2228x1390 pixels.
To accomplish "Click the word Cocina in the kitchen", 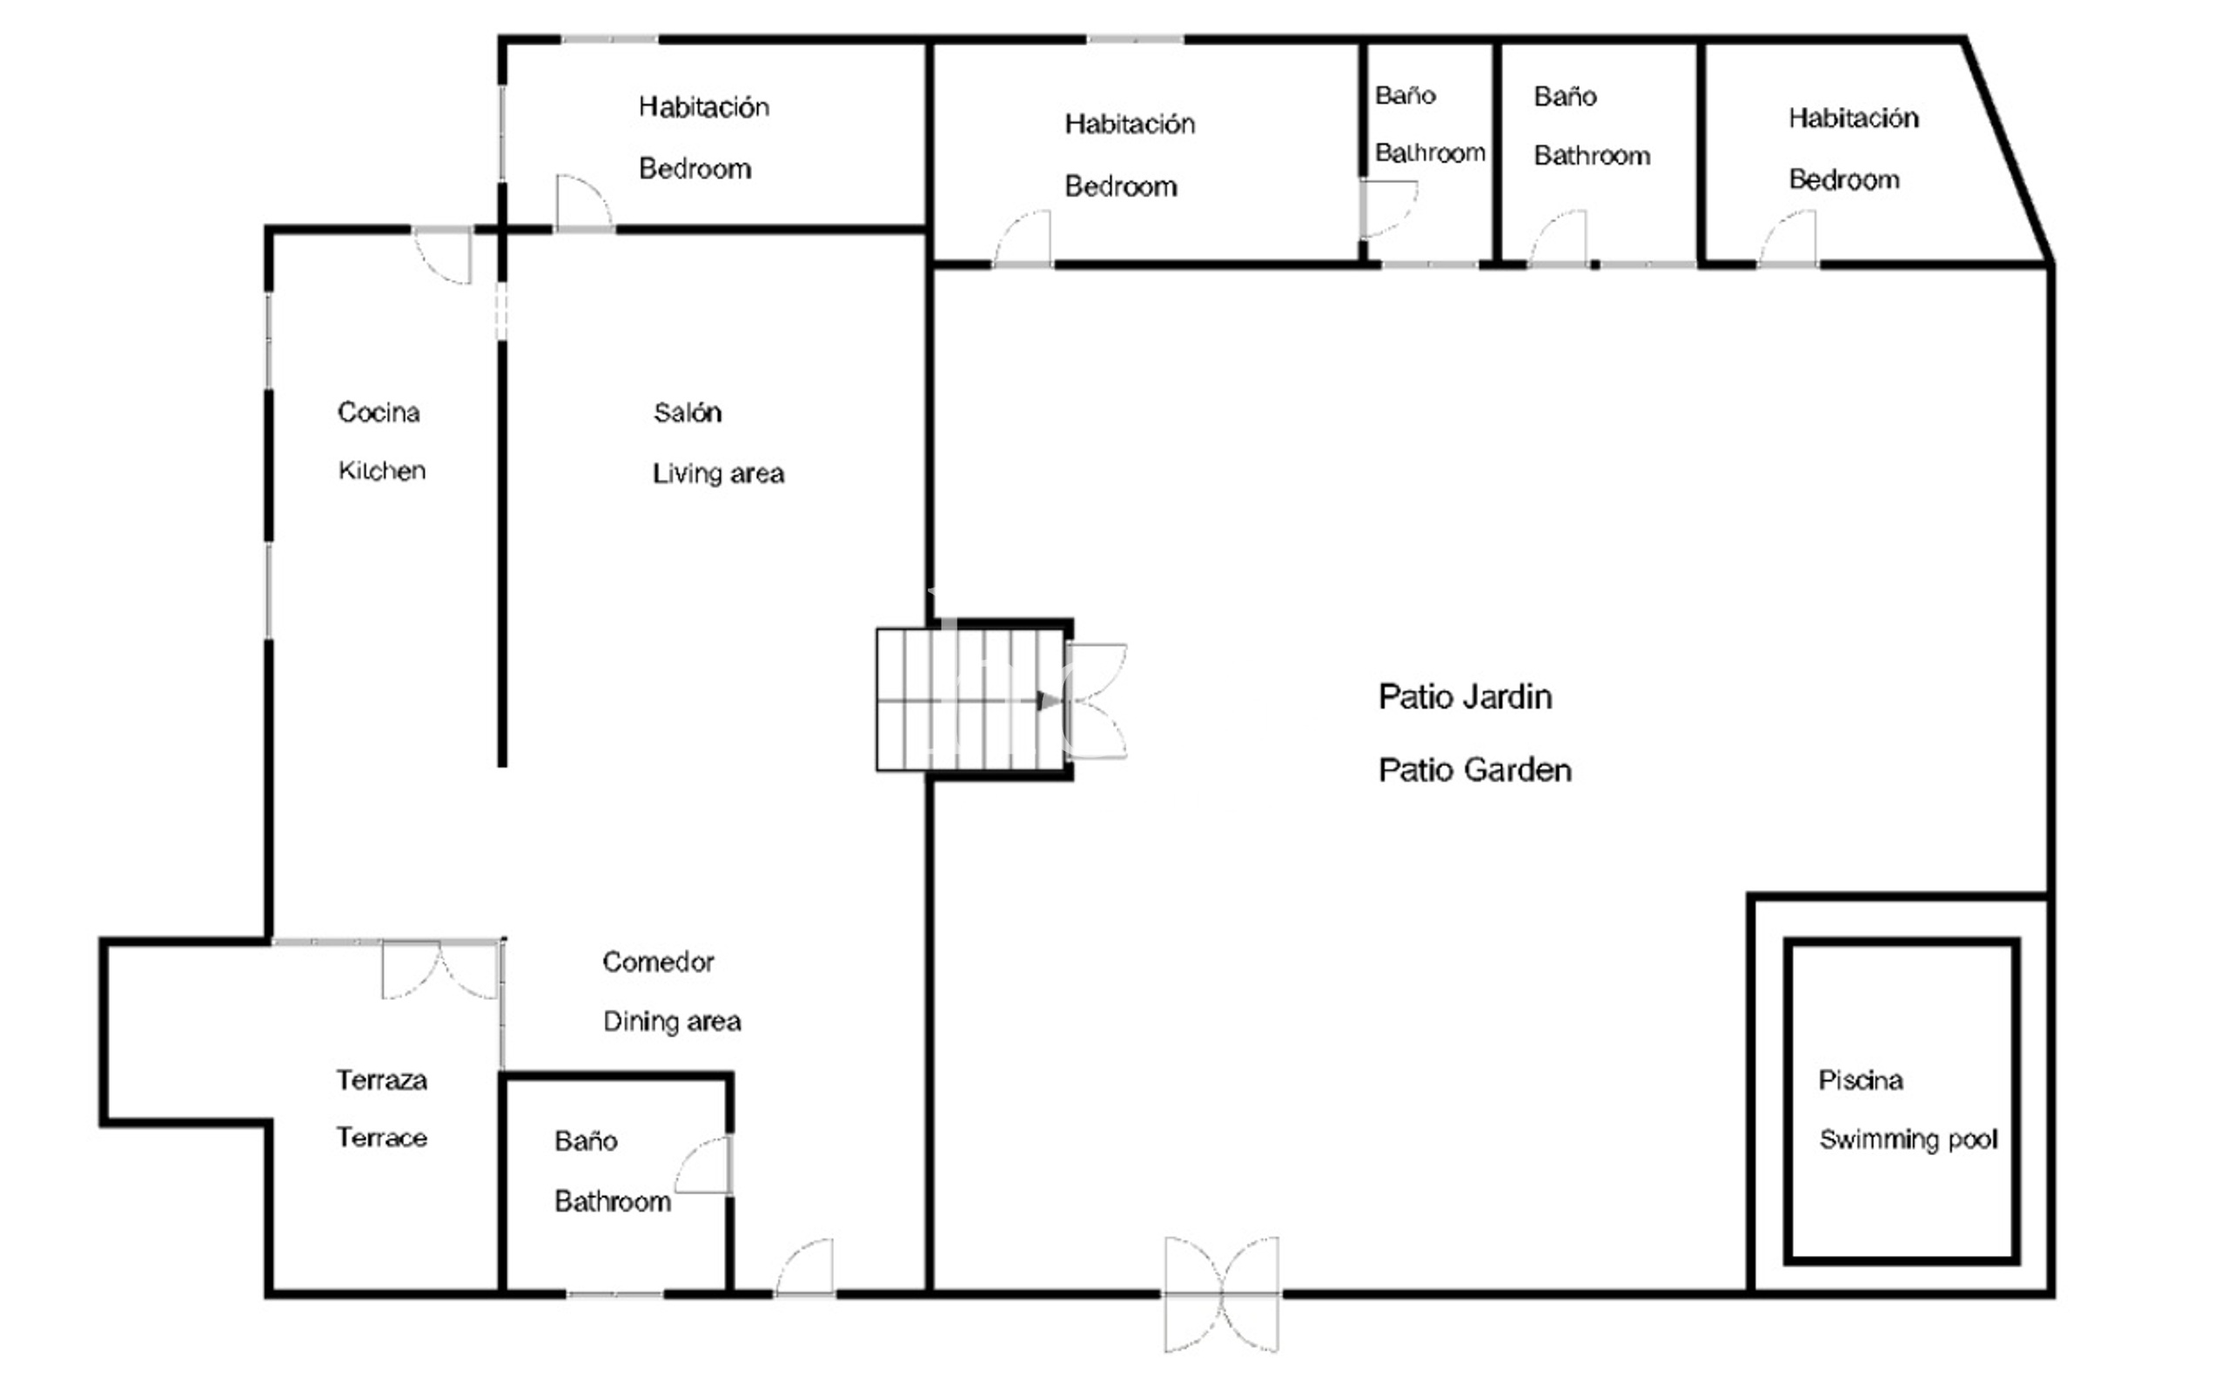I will point(378,412).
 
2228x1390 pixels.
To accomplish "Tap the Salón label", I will point(687,413).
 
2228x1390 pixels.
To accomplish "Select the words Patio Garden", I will point(1473,769).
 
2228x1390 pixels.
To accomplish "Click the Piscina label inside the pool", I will point(1860,1079).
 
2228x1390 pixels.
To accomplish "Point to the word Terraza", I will point(380,1079).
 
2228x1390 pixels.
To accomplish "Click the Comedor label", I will point(657,962).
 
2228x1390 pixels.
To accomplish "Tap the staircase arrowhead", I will point(1046,701).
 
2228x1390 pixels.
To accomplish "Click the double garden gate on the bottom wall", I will point(1221,1293).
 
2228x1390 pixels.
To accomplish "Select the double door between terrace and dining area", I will point(440,970).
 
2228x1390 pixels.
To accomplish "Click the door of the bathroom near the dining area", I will point(706,1165).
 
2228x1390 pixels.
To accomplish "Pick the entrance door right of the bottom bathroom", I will point(806,1268).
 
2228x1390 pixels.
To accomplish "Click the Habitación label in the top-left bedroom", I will point(703,107).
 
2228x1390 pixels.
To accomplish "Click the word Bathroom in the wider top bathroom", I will point(1591,156).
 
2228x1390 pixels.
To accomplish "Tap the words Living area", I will point(717,473).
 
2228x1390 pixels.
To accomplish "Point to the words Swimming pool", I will point(1907,1139).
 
